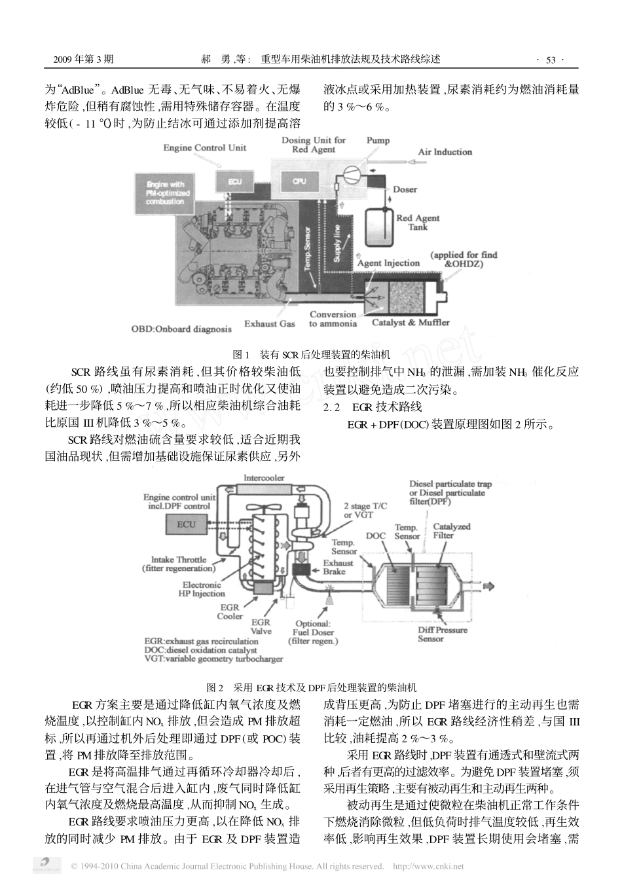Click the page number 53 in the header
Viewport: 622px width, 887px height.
click(x=550, y=60)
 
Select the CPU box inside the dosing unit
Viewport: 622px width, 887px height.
click(x=299, y=181)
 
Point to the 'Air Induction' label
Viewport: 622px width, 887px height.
click(x=445, y=152)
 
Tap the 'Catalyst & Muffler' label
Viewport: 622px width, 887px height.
click(x=411, y=322)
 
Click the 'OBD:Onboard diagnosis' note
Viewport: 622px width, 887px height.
click(x=181, y=329)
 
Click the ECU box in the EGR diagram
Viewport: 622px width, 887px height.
click(x=186, y=524)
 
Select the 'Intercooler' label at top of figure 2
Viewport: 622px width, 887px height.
click(x=263, y=479)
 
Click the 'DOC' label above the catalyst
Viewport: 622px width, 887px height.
click(x=375, y=536)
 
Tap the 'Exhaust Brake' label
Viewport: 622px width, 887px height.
click(x=338, y=567)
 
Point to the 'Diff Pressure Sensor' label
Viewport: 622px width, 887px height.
click(x=443, y=634)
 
